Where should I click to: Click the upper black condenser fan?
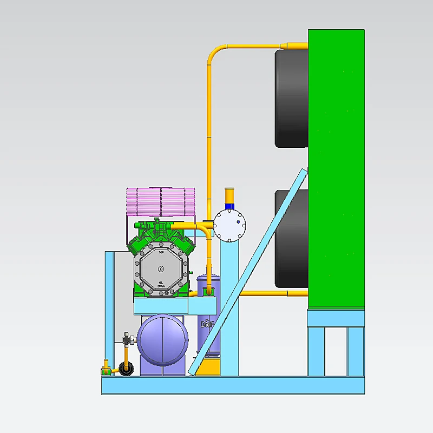point(292,98)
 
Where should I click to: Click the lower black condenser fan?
point(292,238)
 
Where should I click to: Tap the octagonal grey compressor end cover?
point(161,269)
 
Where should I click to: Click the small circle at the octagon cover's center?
point(161,269)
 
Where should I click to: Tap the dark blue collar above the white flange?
point(229,206)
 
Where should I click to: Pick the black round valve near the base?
point(127,369)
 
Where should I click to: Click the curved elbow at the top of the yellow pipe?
point(214,51)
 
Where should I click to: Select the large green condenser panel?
point(336,168)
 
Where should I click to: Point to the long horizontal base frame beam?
point(233,386)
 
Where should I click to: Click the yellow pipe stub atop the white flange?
point(229,194)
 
